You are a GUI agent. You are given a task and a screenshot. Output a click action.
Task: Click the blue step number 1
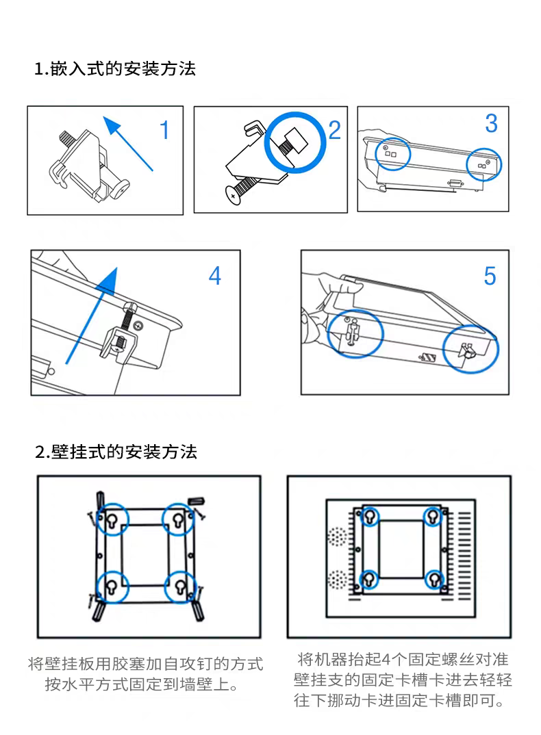tap(164, 130)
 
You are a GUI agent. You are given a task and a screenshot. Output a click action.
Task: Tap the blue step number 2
tap(334, 130)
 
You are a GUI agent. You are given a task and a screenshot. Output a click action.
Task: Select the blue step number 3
tap(491, 123)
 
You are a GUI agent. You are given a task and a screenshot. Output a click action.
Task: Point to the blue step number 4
tap(215, 276)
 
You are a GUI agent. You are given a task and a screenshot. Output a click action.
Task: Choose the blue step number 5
tap(490, 276)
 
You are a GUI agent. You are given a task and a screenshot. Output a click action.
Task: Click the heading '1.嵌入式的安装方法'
tap(115, 68)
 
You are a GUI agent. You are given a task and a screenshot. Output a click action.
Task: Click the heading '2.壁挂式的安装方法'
tap(116, 452)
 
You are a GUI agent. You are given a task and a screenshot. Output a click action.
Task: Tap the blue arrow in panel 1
tap(127, 144)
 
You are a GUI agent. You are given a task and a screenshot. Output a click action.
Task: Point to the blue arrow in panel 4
tap(92, 315)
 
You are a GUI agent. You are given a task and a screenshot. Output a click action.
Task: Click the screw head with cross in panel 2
tap(233, 196)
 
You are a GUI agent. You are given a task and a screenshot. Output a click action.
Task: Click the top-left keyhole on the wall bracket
tap(112, 519)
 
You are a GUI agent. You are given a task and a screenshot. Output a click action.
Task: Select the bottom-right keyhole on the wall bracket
tap(180, 586)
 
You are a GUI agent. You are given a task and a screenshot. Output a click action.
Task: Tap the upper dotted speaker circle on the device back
tap(336, 537)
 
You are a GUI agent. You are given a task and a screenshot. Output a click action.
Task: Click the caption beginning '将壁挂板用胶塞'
tap(145, 674)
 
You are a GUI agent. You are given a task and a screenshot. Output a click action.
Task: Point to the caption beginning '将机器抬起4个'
tap(403, 680)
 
